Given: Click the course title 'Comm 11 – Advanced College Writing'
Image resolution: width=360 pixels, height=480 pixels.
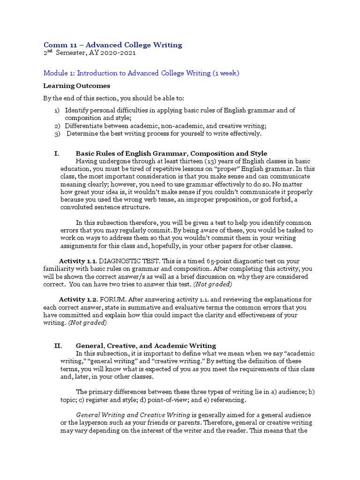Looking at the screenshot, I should coord(112,45).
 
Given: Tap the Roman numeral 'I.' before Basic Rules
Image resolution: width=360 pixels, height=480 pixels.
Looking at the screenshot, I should coord(57,153).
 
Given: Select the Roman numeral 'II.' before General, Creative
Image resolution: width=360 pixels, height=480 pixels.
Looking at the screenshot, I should coord(58,345).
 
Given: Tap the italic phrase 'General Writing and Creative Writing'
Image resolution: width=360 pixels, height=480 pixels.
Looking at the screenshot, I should coord(133,415).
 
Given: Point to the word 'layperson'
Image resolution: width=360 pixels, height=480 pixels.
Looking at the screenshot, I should coord(86,423).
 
